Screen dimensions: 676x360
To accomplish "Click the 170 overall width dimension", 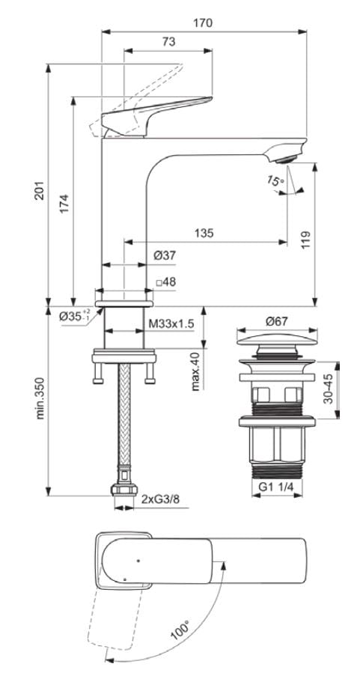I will tap(202, 23).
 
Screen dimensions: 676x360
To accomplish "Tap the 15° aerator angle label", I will tap(278, 182).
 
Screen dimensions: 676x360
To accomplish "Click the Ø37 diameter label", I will tap(165, 256).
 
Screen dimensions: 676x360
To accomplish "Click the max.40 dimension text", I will tap(196, 371).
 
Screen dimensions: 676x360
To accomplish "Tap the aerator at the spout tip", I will tap(284, 156).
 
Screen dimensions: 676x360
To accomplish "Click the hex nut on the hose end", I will tap(122, 490).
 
